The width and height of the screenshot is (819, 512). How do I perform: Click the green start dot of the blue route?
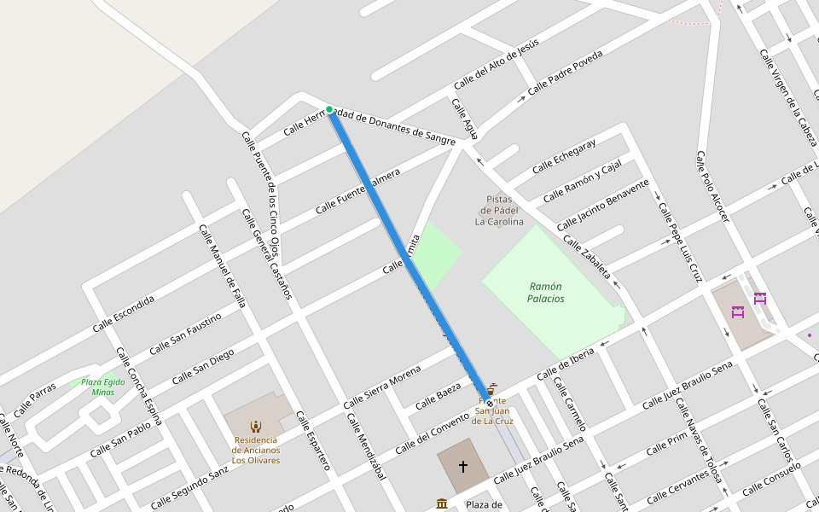pos(329,109)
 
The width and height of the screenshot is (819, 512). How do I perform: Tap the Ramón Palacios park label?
pos(546,293)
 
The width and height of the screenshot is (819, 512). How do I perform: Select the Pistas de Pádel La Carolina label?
pos(499,211)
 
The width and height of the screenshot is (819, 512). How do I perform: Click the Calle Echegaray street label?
pos(563,155)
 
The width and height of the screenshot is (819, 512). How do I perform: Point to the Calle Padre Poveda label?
pos(565,72)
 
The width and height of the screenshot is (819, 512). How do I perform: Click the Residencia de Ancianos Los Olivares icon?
pos(255,426)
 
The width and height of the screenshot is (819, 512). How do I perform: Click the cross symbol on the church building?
pos(463,466)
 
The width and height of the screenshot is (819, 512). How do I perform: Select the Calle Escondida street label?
pos(124,314)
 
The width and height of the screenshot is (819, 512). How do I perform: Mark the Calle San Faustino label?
pos(185,334)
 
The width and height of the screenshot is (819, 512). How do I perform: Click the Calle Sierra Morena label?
pos(382,388)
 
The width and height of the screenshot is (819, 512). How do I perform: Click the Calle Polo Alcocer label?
pos(712,187)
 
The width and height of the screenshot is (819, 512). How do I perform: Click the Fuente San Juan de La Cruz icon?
pos(492,388)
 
